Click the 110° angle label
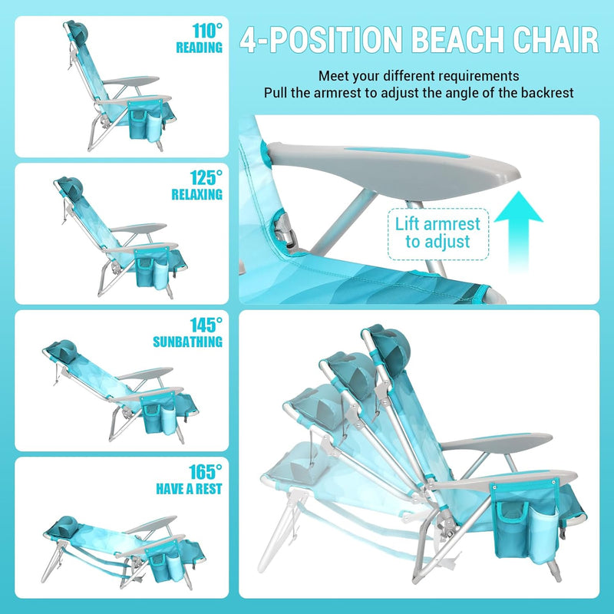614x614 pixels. point(207,31)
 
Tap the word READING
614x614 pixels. point(199,48)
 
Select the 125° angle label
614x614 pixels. point(206,178)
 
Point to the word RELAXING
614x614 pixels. point(196,195)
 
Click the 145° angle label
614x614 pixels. point(206,325)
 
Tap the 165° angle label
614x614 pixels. point(206,471)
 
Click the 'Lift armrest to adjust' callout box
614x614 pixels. point(437,233)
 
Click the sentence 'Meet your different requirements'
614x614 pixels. point(419,77)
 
